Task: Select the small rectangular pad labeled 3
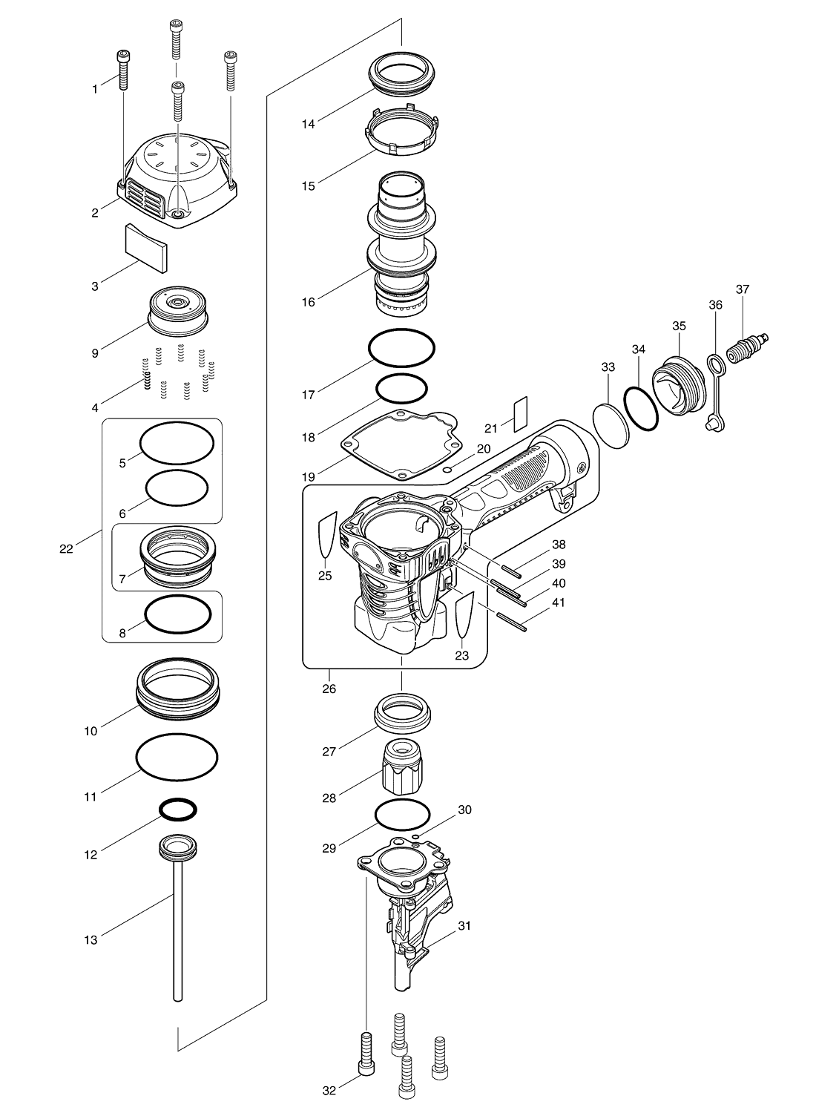coord(147,249)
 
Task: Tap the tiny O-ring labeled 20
coord(447,469)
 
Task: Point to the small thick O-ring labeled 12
coord(178,810)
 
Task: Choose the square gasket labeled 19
coord(402,444)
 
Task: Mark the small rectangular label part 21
coord(521,414)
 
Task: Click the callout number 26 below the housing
coord(329,689)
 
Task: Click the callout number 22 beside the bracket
coord(66,548)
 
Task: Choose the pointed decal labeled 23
coord(465,614)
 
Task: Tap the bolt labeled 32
coord(366,1040)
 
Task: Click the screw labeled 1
coord(122,70)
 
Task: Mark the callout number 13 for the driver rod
coord(91,940)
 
